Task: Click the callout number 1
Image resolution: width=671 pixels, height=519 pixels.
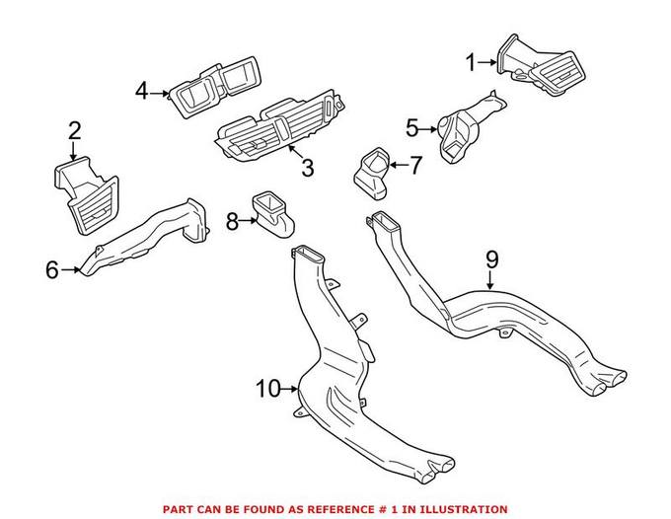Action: coord(471,62)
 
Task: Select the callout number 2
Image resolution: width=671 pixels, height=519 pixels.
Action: coord(75,131)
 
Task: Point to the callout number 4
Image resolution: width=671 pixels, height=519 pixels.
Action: coord(142,92)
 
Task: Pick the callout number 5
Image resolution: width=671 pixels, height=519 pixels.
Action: coord(412,126)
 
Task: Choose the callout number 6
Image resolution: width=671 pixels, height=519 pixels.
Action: coord(52,268)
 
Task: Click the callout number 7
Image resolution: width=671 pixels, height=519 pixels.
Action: coord(414,165)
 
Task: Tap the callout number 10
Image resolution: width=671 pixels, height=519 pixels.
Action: coord(268,388)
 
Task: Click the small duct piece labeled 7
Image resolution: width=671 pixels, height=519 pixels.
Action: coord(372,170)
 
